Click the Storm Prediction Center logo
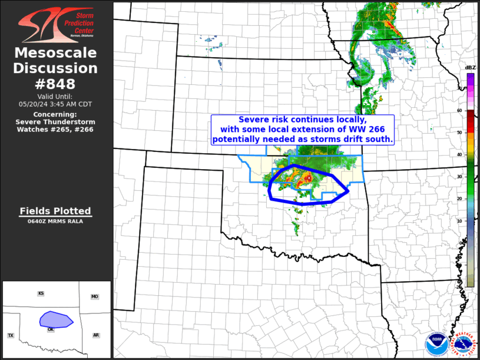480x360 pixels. [x=56, y=24]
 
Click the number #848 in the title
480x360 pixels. [x=56, y=84]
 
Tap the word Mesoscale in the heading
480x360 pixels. [x=56, y=53]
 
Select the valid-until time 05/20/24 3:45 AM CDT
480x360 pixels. [x=56, y=104]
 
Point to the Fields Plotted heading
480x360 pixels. [x=55, y=211]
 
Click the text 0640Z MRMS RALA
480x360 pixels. [x=55, y=222]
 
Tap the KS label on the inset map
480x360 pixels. [x=41, y=293]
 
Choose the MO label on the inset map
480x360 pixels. [x=94, y=297]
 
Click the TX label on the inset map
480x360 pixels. [x=11, y=335]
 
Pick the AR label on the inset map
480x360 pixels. [x=95, y=335]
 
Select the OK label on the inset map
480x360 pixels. [x=51, y=329]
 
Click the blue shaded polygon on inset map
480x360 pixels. [x=56, y=319]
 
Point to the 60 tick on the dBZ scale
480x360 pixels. [x=459, y=110]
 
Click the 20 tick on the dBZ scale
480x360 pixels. [x=459, y=199]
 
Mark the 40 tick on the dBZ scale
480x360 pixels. [x=459, y=154]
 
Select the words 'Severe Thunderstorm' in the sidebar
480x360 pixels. [x=55, y=121]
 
